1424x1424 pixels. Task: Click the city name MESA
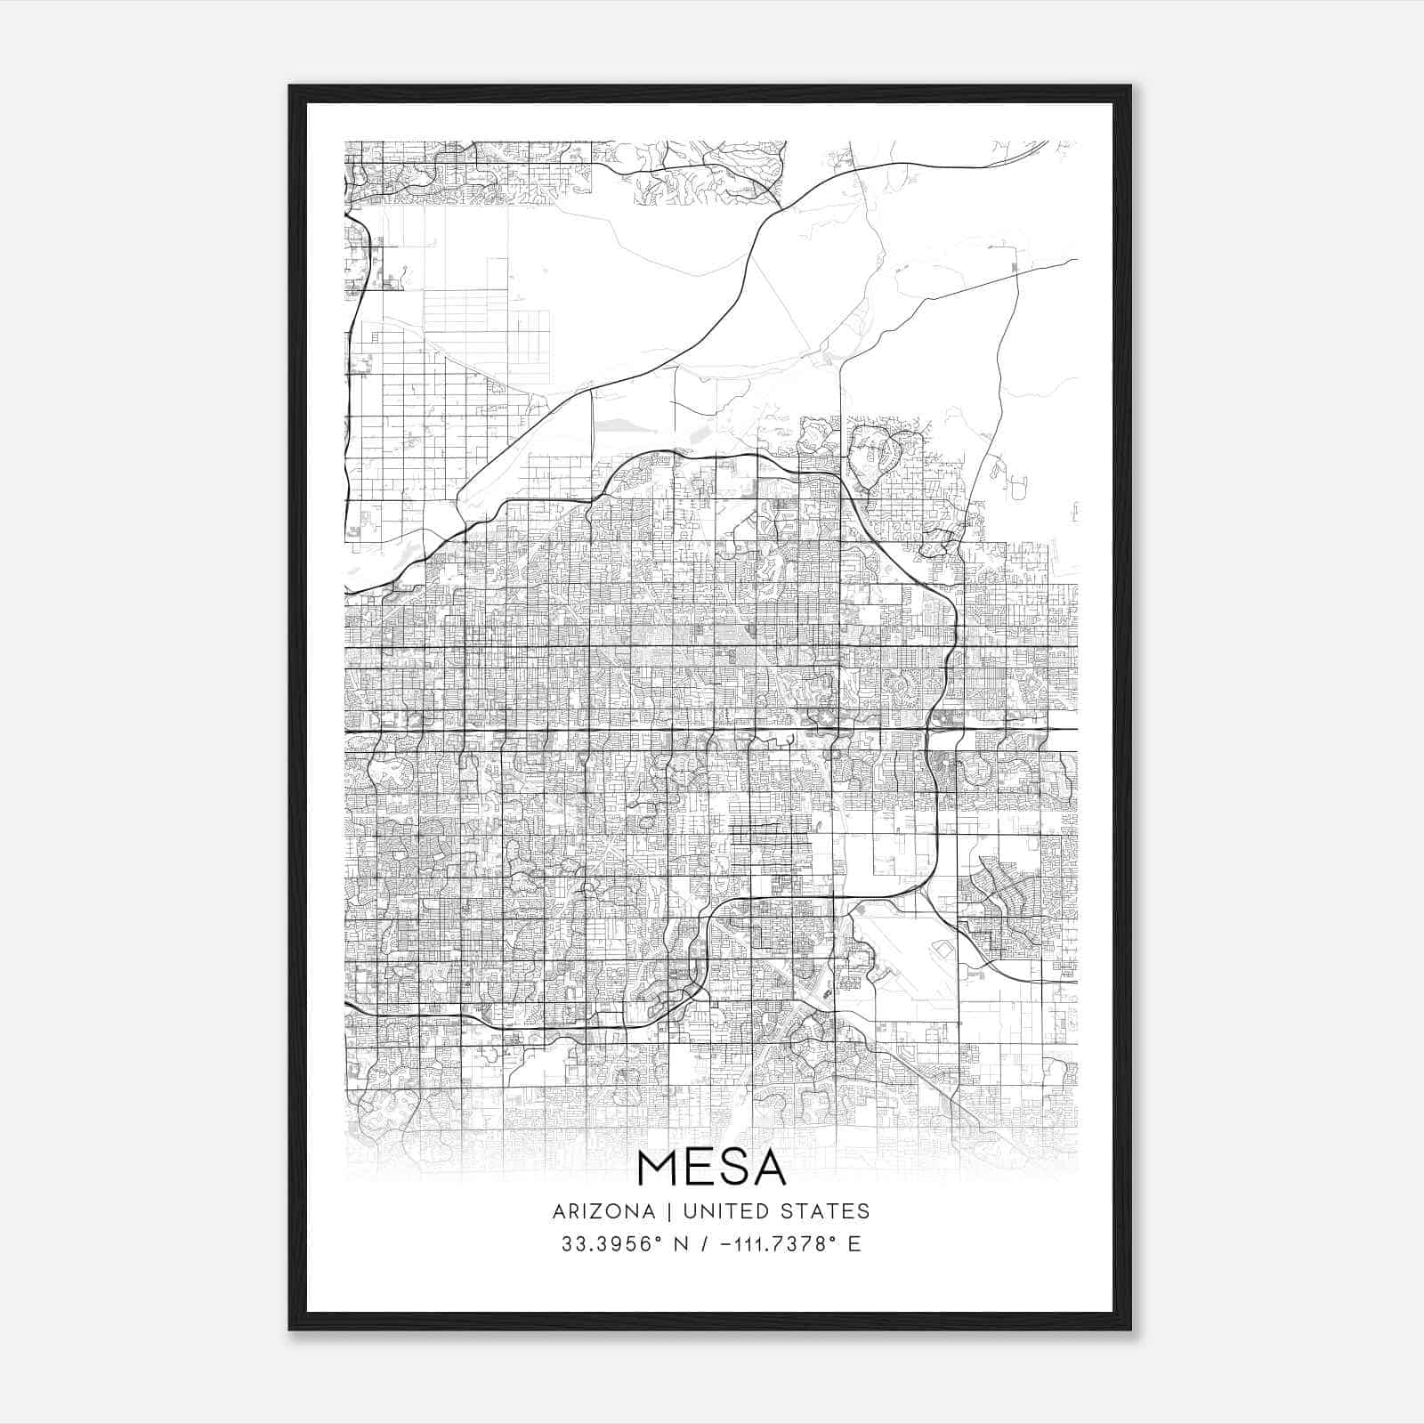[x=712, y=1168]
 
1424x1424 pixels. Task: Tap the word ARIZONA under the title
[x=603, y=1211]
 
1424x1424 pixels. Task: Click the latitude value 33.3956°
[x=614, y=1244]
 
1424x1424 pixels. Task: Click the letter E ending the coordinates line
[x=855, y=1244]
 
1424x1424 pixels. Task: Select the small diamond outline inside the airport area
[x=941, y=951]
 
